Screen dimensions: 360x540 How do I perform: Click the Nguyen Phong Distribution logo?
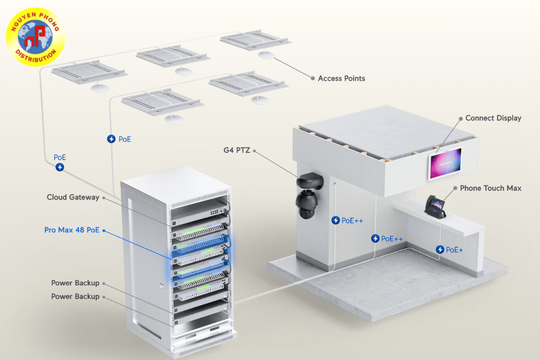coord(35,35)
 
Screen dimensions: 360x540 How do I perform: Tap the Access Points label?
coord(341,79)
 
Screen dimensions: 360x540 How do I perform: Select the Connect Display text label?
coord(493,118)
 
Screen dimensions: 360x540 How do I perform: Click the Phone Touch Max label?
coord(490,188)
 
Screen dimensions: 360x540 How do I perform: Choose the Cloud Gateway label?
coord(73,197)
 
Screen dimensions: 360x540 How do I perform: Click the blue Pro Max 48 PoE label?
coord(71,230)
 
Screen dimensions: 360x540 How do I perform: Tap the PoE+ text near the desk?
coord(454,250)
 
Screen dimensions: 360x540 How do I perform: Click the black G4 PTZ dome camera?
coord(310,195)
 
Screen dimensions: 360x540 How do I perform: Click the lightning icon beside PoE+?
coord(440,250)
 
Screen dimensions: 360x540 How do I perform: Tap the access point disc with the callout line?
coord(265,55)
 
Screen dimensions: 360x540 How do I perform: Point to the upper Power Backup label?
coord(74,283)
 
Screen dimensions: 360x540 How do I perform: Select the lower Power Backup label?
coord(74,296)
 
